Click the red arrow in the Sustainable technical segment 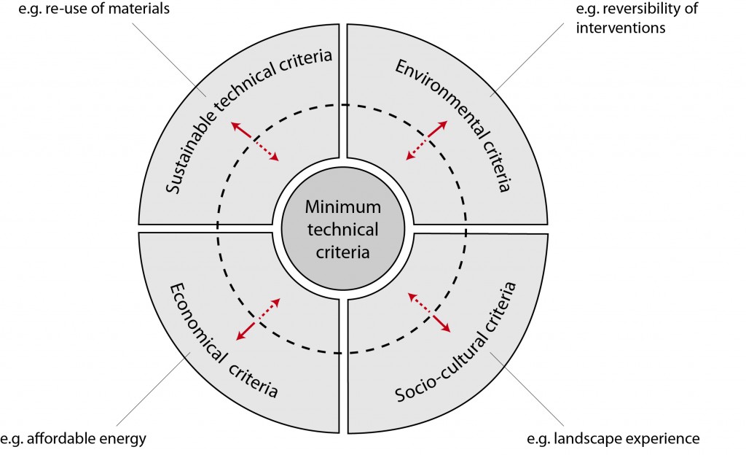[254, 141]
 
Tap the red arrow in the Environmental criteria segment [425, 139]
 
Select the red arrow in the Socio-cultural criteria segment [429, 312]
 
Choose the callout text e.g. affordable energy [74, 438]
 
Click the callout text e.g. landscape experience [613, 438]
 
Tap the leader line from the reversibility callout [532, 58]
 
